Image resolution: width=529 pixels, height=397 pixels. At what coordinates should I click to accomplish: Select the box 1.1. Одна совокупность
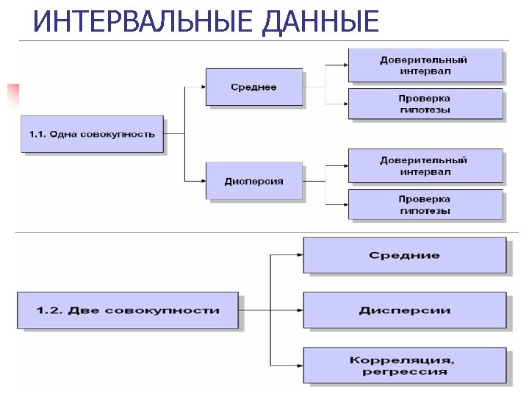[x=92, y=134]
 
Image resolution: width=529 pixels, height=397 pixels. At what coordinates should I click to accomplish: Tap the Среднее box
[x=253, y=87]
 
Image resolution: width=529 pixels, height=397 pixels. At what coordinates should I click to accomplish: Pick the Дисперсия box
[x=253, y=181]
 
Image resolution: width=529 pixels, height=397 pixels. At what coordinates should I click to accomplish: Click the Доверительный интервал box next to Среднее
[x=425, y=65]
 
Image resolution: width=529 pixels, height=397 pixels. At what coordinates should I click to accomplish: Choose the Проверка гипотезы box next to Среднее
[x=425, y=104]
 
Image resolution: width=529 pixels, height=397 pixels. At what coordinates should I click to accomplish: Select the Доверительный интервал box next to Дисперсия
[x=425, y=165]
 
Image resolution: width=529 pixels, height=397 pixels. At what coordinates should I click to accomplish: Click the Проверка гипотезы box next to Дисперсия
[x=425, y=204]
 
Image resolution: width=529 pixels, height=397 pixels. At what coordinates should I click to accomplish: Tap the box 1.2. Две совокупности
[x=127, y=310]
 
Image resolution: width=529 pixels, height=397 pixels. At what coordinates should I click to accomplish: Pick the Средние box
[x=404, y=255]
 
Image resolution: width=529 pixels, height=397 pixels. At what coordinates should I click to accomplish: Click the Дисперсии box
[x=404, y=310]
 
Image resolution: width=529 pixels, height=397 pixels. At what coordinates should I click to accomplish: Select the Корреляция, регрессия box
[x=404, y=365]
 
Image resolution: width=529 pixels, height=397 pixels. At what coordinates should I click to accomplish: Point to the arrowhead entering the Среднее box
[x=202, y=87]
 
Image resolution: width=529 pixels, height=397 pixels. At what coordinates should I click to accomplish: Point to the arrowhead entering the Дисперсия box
[x=202, y=181]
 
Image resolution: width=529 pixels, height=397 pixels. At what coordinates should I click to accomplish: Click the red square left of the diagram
[x=12, y=96]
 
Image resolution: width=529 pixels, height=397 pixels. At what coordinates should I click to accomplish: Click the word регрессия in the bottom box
[x=404, y=372]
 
